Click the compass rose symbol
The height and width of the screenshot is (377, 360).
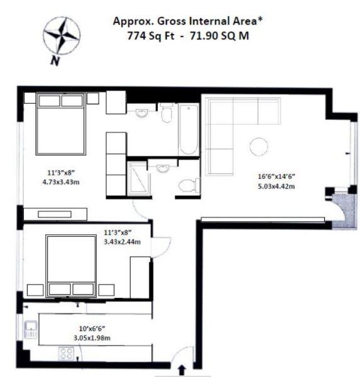tap(62, 36)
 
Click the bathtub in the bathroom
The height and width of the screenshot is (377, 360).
tap(188, 129)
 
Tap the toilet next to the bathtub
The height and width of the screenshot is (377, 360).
tap(166, 114)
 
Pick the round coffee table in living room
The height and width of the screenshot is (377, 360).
tap(258, 147)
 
